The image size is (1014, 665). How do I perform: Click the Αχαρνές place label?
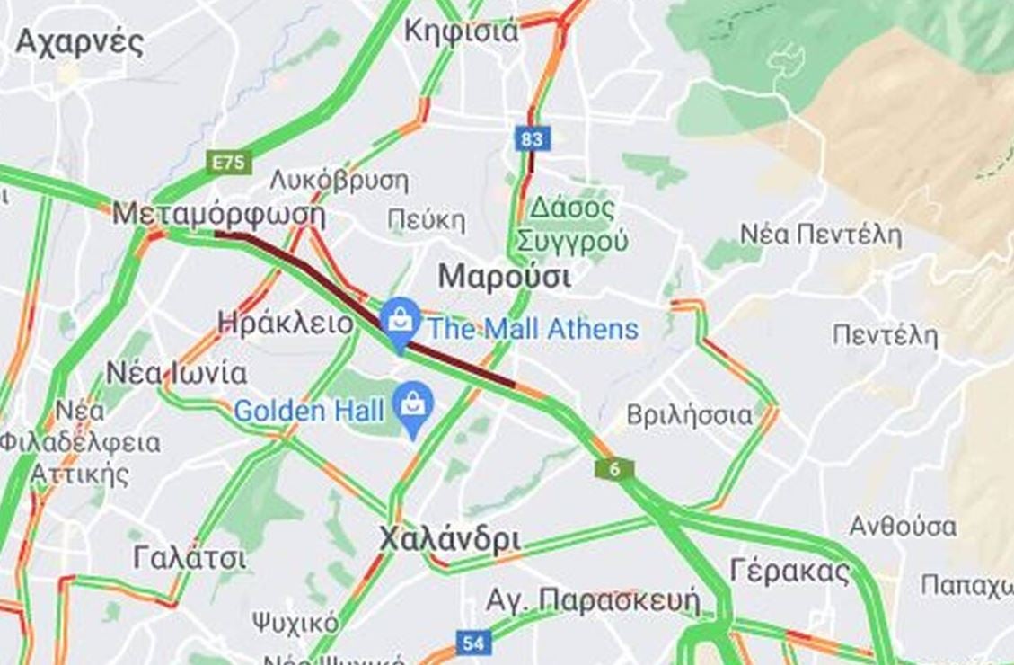(x=79, y=42)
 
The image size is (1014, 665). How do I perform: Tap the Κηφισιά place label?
(x=461, y=31)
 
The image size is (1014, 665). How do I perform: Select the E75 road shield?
(x=229, y=163)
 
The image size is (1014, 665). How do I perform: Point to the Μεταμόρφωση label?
(x=218, y=216)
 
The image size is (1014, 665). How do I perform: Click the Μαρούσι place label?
(x=504, y=277)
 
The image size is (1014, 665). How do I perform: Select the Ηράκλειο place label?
(x=286, y=324)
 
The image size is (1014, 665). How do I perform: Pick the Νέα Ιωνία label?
(x=176, y=372)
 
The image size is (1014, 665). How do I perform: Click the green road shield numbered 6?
(x=614, y=469)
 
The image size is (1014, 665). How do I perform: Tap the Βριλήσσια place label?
(x=689, y=415)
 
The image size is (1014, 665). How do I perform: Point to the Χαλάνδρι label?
(x=449, y=539)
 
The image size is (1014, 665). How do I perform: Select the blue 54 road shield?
(x=473, y=643)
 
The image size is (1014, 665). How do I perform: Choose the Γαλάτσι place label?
(x=189, y=558)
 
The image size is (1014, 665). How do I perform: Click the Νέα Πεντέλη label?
(x=820, y=235)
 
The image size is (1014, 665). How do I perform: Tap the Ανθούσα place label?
(x=903, y=525)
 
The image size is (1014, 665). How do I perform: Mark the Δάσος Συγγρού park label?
(x=572, y=225)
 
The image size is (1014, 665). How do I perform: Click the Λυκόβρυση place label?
(x=339, y=180)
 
